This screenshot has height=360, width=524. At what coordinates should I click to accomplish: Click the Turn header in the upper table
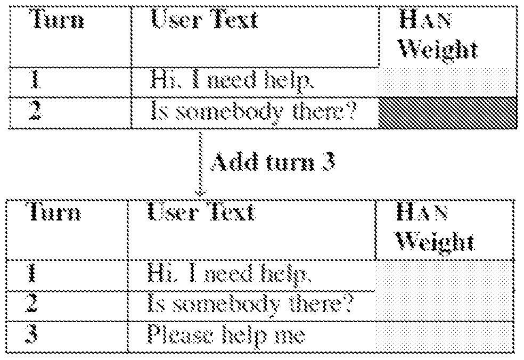click(x=56, y=20)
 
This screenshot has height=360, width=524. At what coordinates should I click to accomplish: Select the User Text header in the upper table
click(x=204, y=19)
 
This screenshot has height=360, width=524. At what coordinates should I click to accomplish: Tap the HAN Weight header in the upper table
click(x=438, y=35)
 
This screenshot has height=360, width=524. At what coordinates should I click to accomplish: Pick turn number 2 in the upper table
click(x=36, y=111)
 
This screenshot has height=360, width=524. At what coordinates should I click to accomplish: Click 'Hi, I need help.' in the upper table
click(x=232, y=81)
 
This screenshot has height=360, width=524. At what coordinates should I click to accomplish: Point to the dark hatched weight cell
click(x=448, y=113)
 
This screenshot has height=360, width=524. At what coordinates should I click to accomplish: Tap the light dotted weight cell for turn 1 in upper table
click(x=448, y=82)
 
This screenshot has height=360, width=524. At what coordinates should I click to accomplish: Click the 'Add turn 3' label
click(x=272, y=162)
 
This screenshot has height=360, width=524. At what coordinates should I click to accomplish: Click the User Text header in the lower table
click(x=201, y=212)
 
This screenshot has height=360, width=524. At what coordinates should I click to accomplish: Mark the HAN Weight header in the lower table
click(x=435, y=227)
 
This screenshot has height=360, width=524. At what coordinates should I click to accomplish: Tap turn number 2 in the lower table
click(x=33, y=303)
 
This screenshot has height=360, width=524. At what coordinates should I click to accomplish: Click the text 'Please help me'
click(x=226, y=336)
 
